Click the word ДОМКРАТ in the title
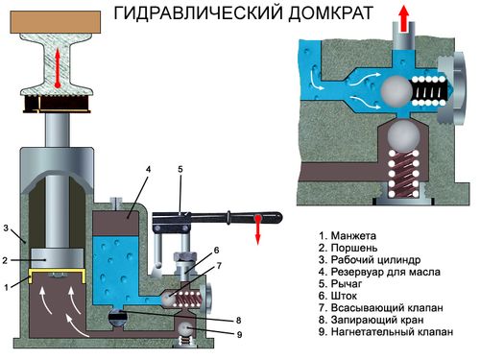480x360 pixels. tap(331, 13)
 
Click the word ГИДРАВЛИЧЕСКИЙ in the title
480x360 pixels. tap(199, 13)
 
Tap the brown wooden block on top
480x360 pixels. tap(56, 22)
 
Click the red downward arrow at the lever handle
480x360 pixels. tap(258, 229)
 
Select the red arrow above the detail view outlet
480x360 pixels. tap(404, 19)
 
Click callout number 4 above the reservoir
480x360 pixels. tap(148, 169)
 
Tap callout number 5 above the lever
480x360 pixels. tap(180, 169)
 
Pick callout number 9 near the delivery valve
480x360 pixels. tap(239, 335)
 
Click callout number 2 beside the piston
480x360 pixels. tap(5, 260)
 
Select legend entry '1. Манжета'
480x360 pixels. tap(348, 236)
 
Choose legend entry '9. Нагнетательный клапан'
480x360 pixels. tap(386, 332)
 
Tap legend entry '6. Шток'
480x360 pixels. tap(338, 296)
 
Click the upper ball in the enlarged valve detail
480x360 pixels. tap(396, 91)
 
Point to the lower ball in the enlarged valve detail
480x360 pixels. tap(403, 134)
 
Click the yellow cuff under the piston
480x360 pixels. tap(58, 276)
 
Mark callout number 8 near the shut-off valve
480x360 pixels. tap(239, 320)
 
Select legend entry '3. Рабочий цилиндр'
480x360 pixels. tap(370, 260)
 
